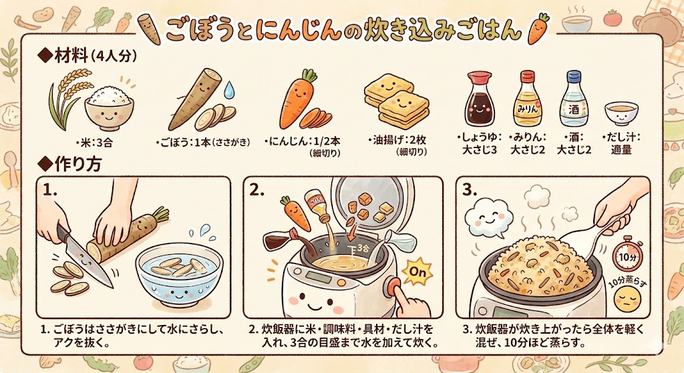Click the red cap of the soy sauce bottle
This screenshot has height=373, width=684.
coord(478,77)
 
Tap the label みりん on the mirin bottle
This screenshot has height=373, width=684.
coord(528,109)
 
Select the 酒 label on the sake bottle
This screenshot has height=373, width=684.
coord(574,109)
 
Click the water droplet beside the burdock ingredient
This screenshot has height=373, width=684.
coord(228,90)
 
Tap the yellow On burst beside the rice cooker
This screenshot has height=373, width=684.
coord(417,272)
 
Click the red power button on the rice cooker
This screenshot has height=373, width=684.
coord(393,286)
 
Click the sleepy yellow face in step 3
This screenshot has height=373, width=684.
coord(627,300)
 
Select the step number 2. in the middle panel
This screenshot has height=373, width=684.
coord(257,190)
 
